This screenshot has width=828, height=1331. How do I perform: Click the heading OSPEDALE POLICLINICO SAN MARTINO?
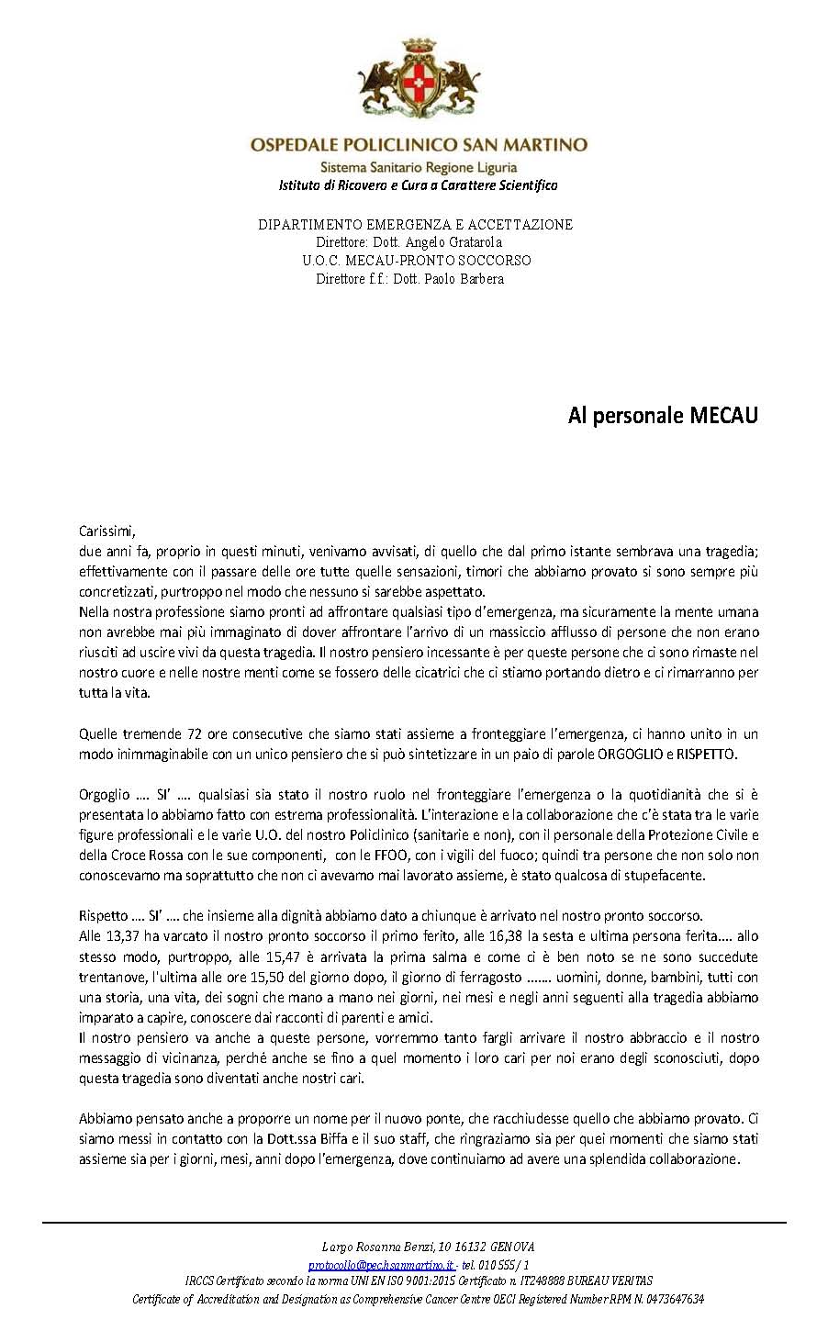(x=419, y=145)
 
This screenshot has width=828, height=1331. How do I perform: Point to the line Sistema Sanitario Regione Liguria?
(x=419, y=167)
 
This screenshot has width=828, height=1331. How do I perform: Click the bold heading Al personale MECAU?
(x=663, y=416)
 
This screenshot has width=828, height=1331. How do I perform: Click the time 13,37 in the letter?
(x=121, y=936)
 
